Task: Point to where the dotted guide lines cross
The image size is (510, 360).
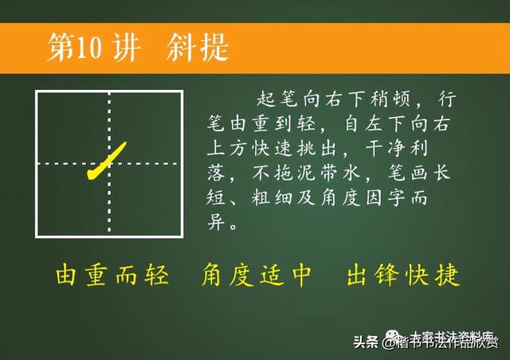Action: pos(109,164)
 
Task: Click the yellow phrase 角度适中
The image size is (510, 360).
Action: pos(257,276)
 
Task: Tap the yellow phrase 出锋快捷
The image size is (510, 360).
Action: pos(403,276)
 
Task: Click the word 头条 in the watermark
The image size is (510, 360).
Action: pos(366,343)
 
